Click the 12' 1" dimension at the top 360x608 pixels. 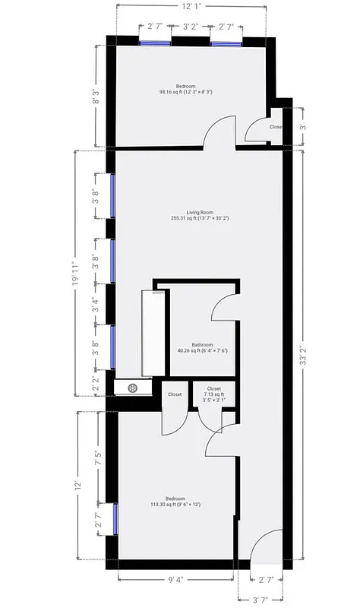(191, 7)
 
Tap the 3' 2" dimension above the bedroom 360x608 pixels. (191, 27)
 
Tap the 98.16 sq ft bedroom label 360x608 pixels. (185, 90)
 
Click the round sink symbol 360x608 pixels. (132, 388)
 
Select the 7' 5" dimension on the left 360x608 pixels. (97, 458)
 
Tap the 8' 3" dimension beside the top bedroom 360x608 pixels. (96, 97)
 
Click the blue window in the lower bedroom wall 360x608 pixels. (115, 519)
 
